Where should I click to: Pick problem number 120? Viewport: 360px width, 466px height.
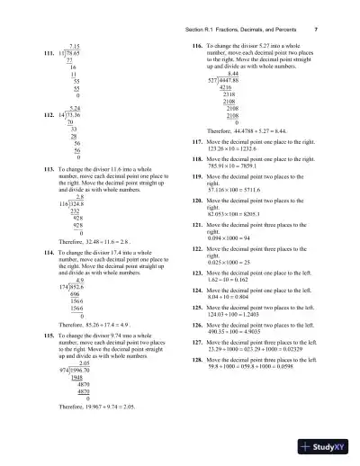coord(196,200)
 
